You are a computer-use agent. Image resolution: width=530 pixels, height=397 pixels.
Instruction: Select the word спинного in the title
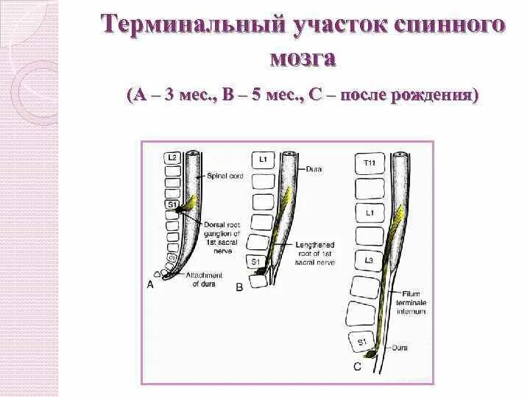pos(457,25)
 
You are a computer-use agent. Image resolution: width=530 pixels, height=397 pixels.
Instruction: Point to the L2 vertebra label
pos(172,157)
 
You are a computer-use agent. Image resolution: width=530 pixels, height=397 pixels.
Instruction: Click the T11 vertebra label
pos(370,162)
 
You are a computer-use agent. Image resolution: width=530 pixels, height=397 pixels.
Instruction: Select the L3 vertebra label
pos(369,260)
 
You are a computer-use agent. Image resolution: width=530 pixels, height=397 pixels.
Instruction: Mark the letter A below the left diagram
pos(151,284)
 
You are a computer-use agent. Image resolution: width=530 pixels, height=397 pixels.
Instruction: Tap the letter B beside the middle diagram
pos(239,287)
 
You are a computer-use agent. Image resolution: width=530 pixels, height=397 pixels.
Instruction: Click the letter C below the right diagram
pos(357,365)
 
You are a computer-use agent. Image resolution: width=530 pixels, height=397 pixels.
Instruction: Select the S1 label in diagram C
pos(361,342)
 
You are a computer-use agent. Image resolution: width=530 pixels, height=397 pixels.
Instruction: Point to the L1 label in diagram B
pos(263,159)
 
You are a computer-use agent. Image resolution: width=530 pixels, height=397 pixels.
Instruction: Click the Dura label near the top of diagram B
pos(312,168)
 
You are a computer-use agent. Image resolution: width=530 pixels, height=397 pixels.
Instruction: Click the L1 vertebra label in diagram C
pos(370,212)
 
